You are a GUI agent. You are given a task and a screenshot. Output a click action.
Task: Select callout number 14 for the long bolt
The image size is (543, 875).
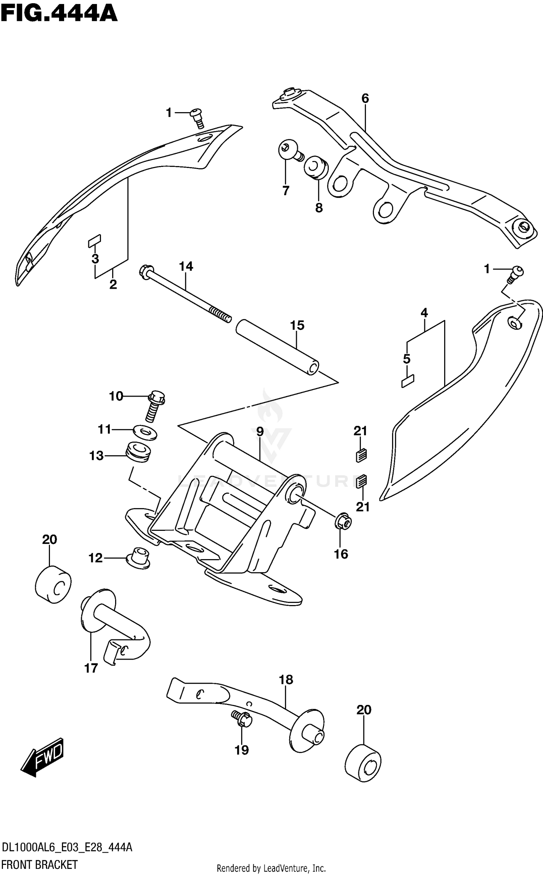pyautogui.click(x=186, y=267)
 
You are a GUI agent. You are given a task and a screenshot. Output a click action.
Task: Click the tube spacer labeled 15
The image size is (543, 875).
pyautogui.click(x=277, y=347)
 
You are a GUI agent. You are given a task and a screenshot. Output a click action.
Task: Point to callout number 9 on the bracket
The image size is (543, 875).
pyautogui.click(x=260, y=431)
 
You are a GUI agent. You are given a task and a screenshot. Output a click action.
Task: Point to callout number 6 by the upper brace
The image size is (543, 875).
pyautogui.click(x=365, y=98)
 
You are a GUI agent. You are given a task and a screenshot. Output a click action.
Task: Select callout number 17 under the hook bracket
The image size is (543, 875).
pyautogui.click(x=91, y=668)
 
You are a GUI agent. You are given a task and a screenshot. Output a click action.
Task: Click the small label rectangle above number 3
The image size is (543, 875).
pyautogui.click(x=94, y=241)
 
